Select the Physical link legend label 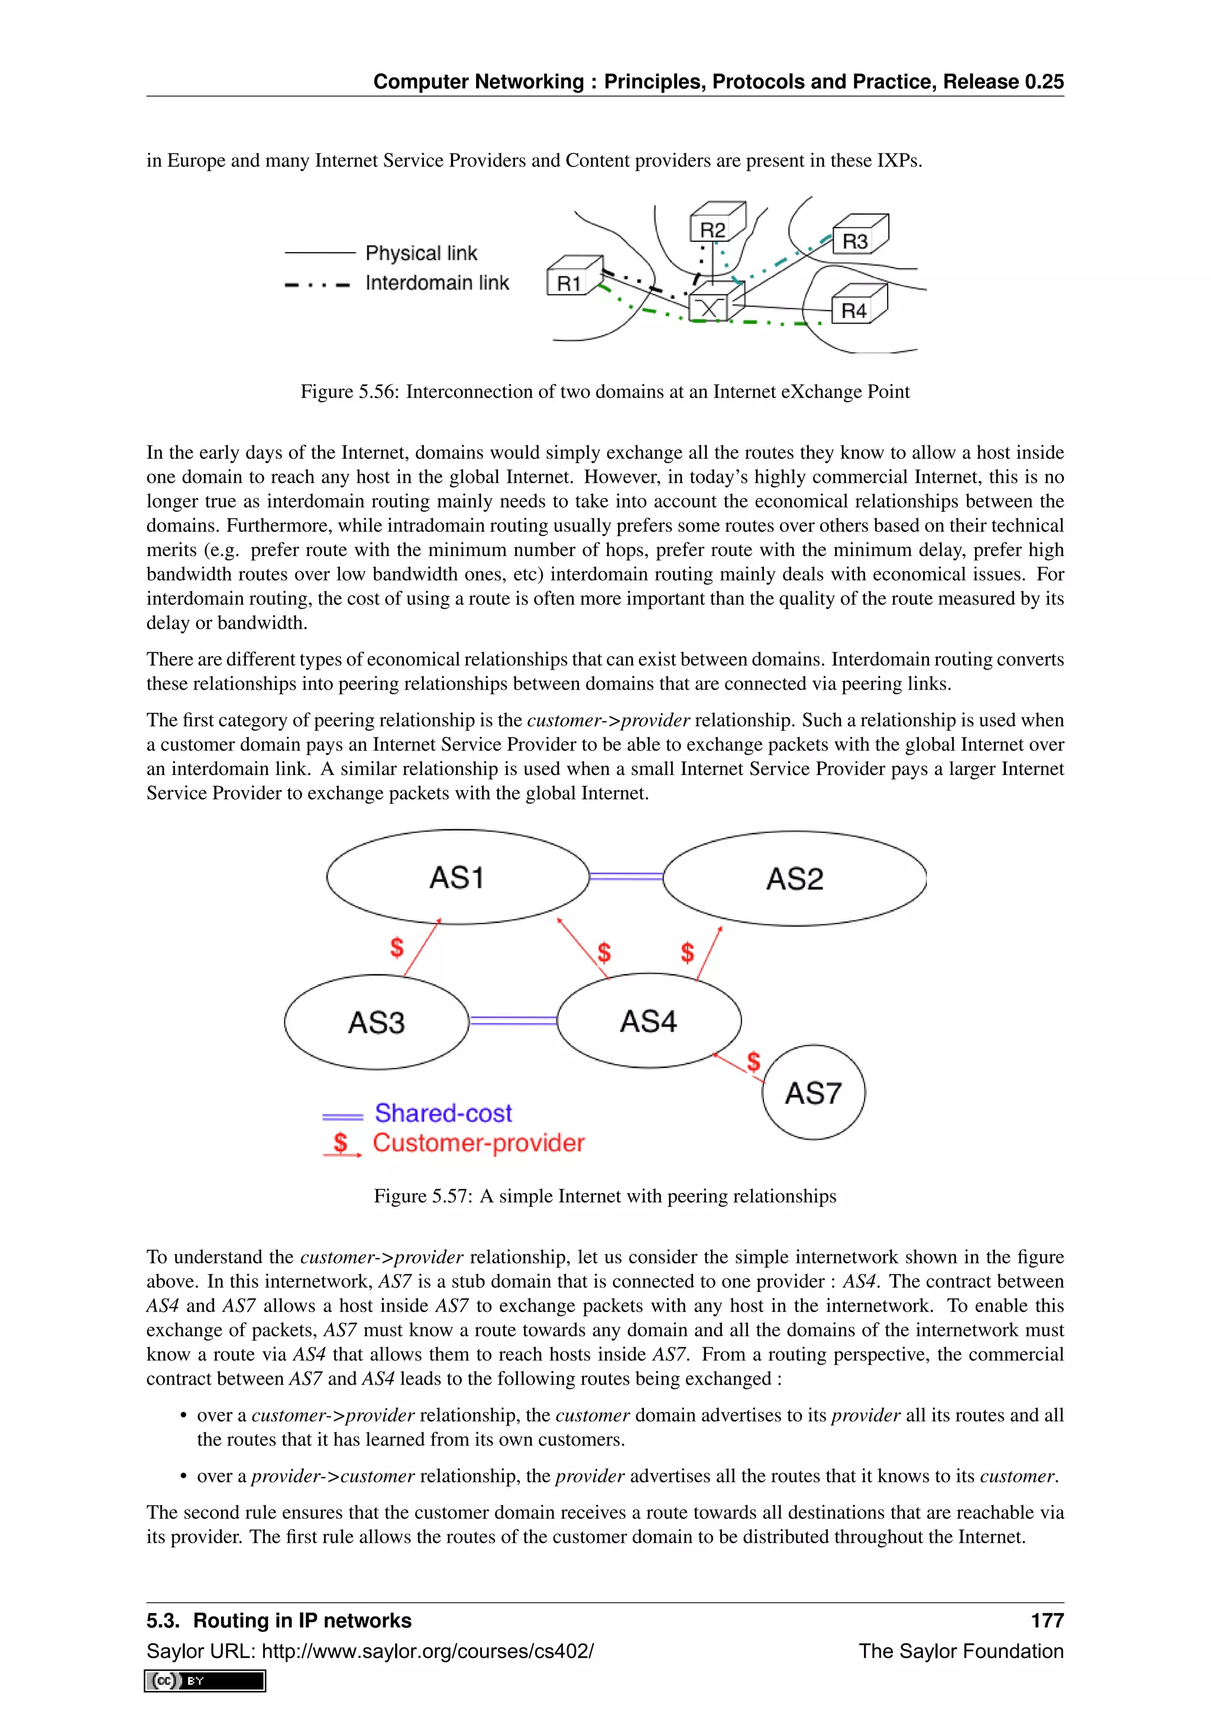[x=422, y=253]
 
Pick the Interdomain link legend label [x=437, y=283]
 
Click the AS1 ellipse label [x=457, y=877]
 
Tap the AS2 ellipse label [x=795, y=879]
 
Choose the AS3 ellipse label [x=377, y=1022]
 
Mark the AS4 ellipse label [x=649, y=1020]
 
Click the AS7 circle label [x=814, y=1093]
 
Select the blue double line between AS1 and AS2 [x=626, y=877]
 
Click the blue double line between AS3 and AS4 [x=513, y=1020]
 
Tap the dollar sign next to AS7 [x=754, y=1060]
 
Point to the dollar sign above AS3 [x=397, y=948]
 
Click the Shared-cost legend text [x=443, y=1113]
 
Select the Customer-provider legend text [x=478, y=1143]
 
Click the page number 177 [x=1047, y=1621]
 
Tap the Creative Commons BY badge [x=205, y=1681]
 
